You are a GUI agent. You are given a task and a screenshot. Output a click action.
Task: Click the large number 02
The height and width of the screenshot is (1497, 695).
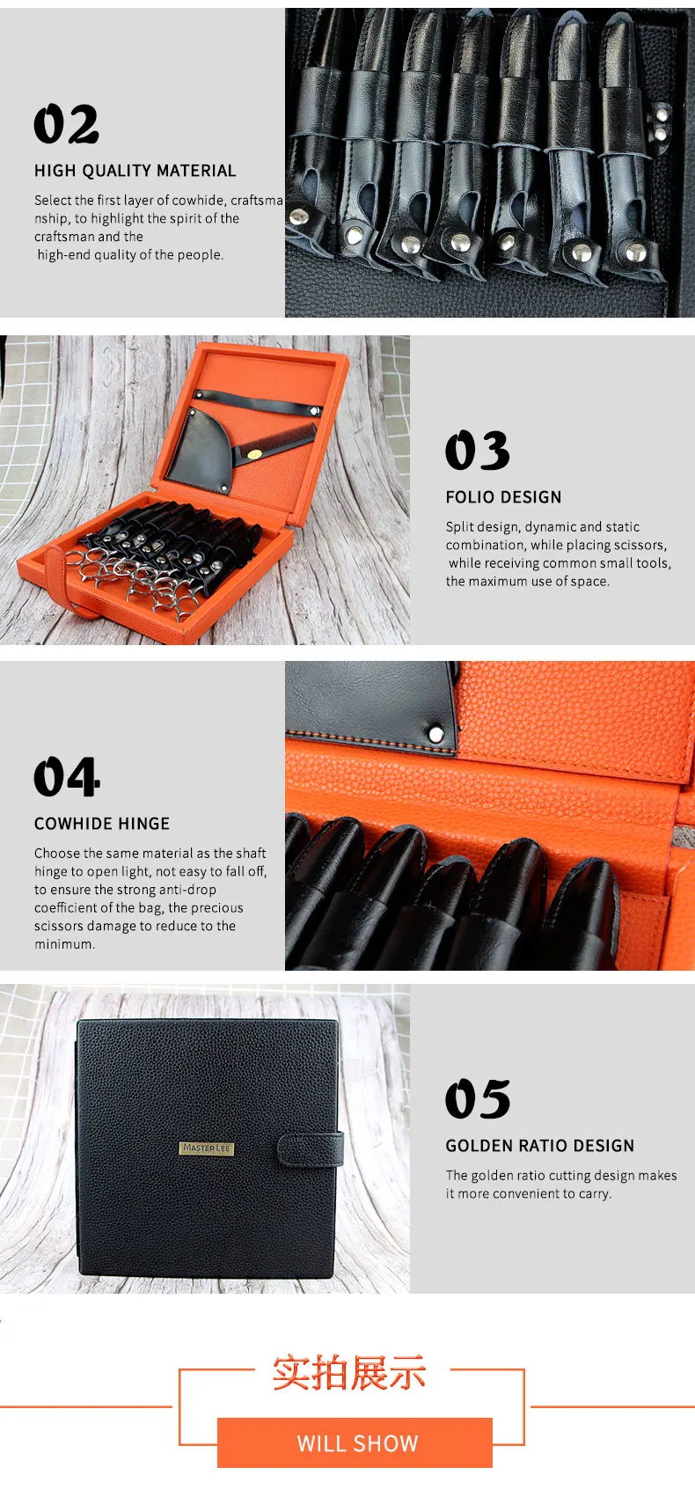coord(66,124)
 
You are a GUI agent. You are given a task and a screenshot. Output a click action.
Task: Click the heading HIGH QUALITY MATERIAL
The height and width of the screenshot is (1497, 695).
coord(135,171)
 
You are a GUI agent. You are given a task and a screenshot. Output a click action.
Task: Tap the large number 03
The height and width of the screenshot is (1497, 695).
coord(477,451)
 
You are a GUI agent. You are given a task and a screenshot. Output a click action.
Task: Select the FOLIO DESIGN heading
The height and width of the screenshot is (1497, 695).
coord(503,497)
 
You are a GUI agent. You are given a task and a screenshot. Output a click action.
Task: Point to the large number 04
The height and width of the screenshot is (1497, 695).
coord(67,776)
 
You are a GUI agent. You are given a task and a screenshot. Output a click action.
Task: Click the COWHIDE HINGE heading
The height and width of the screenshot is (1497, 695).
coord(101,824)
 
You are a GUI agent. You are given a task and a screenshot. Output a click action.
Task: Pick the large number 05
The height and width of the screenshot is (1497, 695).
coord(477,1098)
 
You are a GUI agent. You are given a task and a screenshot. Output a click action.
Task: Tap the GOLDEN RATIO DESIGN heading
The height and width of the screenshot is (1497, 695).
coord(539,1146)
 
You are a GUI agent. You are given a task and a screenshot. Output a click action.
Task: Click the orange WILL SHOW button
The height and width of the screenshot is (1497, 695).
coord(355,1442)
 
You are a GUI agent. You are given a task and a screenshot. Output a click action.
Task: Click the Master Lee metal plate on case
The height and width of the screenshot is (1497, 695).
coord(207,1148)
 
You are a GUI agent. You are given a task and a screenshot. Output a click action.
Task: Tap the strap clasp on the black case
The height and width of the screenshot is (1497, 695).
coord(310,1148)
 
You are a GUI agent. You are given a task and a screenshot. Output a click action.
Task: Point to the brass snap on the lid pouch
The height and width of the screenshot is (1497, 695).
coord(254,454)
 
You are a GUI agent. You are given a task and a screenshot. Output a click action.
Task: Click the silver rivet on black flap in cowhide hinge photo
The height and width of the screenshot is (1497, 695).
coord(435,735)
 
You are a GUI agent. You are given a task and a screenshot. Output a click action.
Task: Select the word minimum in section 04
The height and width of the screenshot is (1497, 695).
coord(63,944)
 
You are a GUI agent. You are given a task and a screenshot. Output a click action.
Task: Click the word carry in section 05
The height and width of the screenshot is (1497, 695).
coord(594,1194)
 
